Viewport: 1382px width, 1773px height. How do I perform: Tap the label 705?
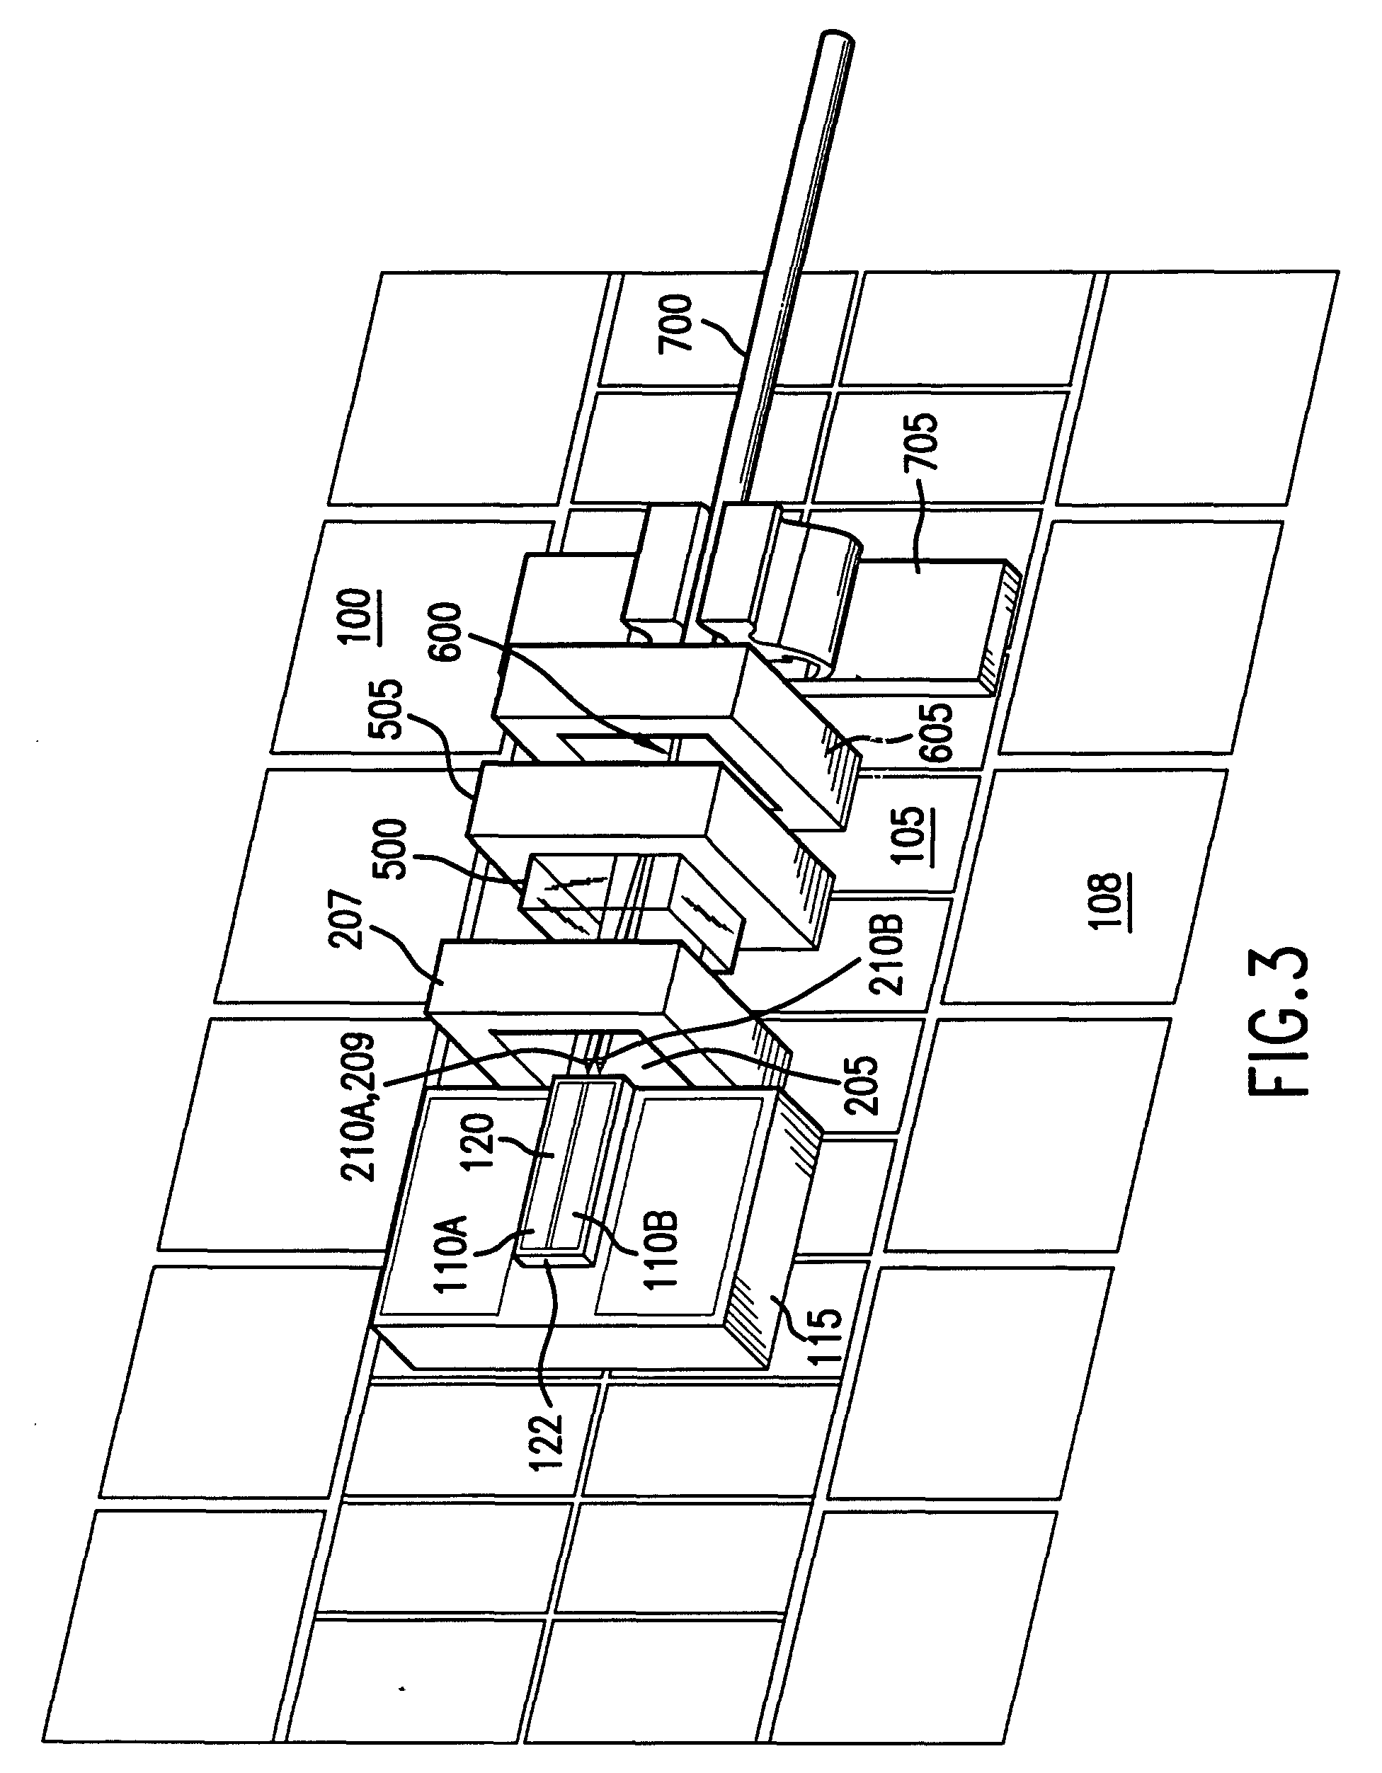click(924, 442)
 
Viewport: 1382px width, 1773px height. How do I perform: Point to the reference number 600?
click(446, 632)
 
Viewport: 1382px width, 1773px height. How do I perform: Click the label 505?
click(386, 708)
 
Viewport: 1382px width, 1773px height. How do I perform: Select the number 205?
click(862, 1084)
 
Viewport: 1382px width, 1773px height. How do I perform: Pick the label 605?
click(937, 731)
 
